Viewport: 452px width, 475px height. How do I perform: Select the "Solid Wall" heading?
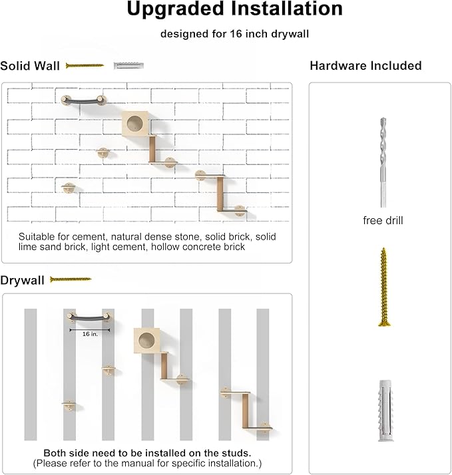30,66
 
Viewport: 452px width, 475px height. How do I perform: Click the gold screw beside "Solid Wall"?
85,66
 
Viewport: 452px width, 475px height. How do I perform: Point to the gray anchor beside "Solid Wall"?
128,66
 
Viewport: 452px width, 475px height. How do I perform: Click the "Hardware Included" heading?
365,66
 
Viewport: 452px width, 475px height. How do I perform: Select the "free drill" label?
383,220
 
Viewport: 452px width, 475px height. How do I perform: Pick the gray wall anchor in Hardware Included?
383,406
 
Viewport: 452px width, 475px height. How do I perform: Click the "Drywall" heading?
23,280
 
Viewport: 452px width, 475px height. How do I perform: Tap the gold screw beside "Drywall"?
70,279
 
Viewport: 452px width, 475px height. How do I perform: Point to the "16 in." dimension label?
90,334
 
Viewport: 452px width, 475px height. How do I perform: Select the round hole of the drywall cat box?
148,341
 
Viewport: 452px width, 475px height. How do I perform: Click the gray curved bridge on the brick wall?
83,100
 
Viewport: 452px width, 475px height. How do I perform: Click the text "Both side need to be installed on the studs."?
147,452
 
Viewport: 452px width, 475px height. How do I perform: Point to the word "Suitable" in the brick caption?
36,237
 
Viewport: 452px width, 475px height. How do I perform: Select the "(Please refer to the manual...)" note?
147,462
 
